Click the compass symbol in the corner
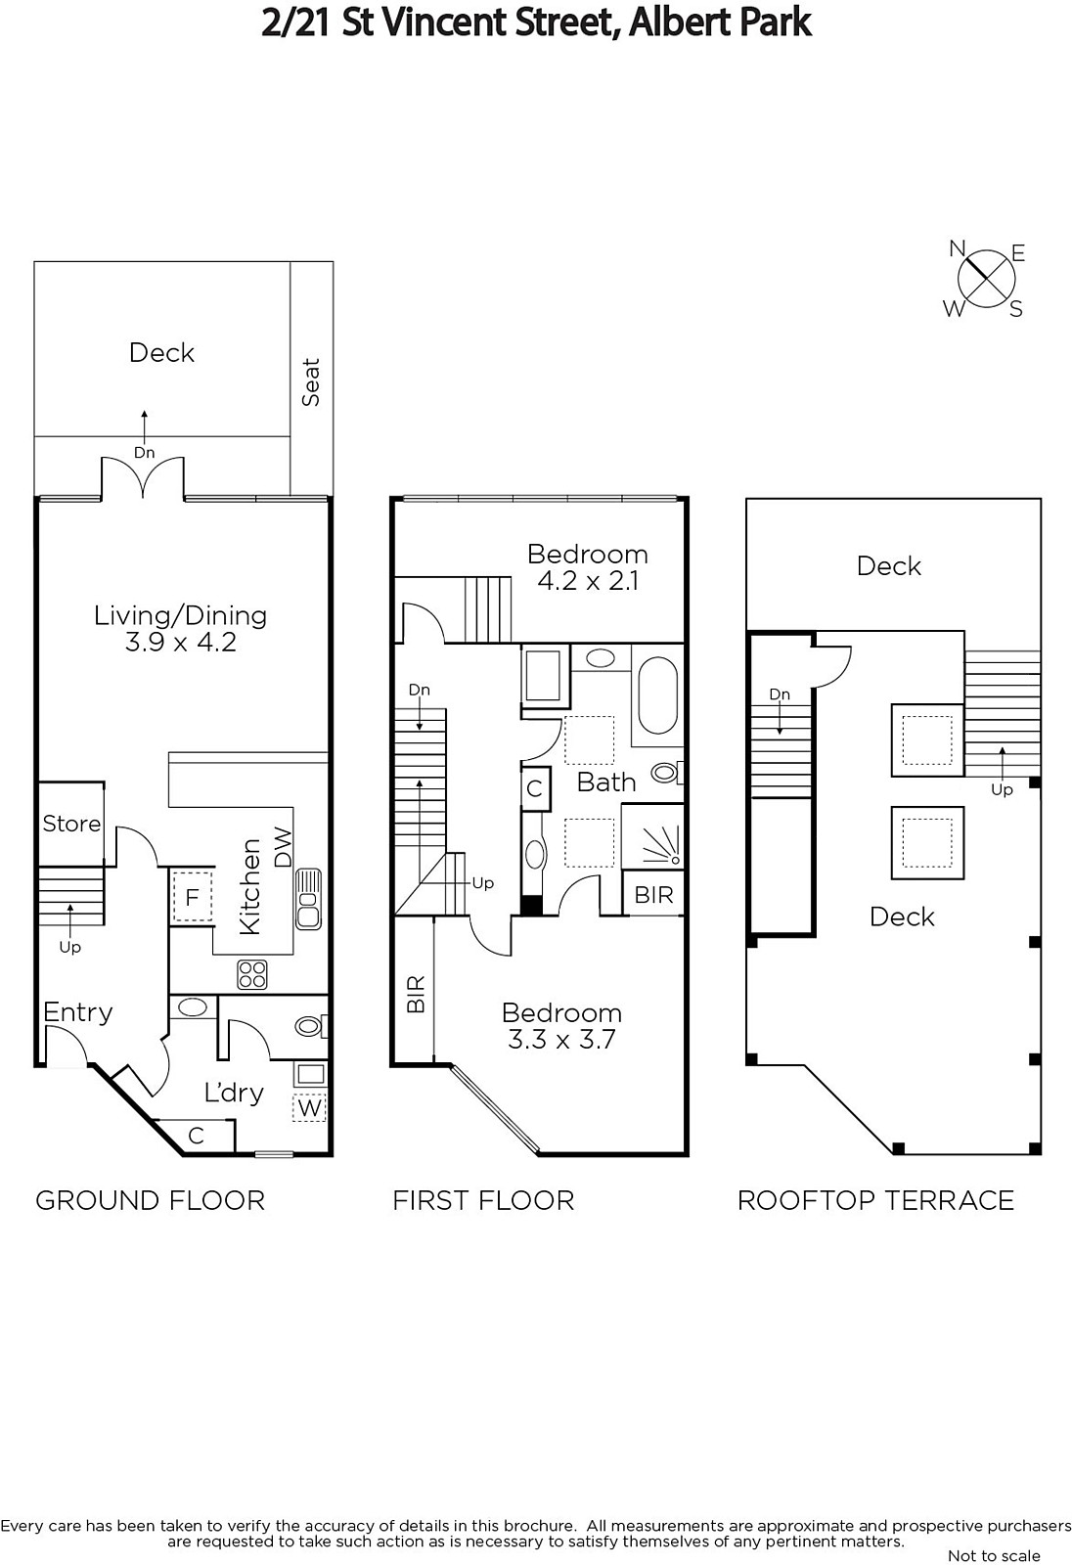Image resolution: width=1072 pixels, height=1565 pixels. point(985,279)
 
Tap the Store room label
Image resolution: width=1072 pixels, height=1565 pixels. point(71,824)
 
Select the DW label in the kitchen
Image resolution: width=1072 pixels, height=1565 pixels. point(283,847)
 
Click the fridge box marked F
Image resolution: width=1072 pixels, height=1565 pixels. point(192,898)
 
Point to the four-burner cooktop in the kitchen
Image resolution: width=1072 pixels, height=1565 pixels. point(252,974)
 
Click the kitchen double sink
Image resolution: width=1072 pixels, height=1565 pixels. point(308,899)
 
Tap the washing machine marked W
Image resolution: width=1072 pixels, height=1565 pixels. point(309,1107)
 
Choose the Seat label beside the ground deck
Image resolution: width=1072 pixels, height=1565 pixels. point(310,382)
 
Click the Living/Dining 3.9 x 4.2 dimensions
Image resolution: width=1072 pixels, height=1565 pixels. point(180,642)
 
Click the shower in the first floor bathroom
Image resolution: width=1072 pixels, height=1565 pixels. point(652,837)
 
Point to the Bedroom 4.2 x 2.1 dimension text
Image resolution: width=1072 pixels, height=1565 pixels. point(588,581)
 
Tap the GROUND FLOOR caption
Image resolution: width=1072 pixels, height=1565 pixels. point(151,1201)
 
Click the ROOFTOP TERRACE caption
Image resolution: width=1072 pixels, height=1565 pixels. point(875,1201)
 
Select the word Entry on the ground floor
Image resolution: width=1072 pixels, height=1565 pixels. point(77,1012)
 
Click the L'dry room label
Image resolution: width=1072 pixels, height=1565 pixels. point(234,1092)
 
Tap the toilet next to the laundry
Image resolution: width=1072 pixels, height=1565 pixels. point(310,1026)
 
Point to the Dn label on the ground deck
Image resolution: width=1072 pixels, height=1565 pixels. point(144,453)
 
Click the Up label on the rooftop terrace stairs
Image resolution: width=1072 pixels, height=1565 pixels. point(1002,790)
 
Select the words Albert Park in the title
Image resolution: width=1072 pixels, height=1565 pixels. point(720,22)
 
